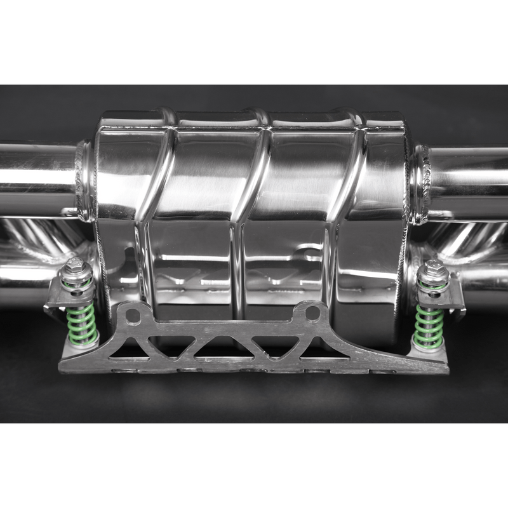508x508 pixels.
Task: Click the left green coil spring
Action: point(81,324)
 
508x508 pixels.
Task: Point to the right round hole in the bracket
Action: point(312,312)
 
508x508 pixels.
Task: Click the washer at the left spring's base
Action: point(83,346)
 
